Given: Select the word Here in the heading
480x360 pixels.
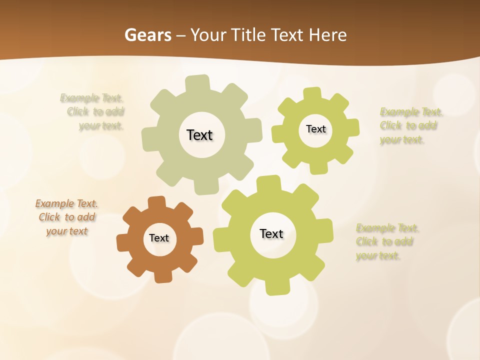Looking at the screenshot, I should [327, 35].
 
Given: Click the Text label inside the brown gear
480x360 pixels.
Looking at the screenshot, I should [159, 238].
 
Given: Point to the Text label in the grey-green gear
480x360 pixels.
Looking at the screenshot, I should [199, 135].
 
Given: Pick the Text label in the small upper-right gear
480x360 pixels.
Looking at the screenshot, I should [315, 129].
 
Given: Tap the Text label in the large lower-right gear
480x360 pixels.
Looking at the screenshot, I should [271, 233].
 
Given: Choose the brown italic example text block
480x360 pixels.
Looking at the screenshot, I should [66, 217].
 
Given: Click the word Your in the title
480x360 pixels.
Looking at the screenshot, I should [208, 35].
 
